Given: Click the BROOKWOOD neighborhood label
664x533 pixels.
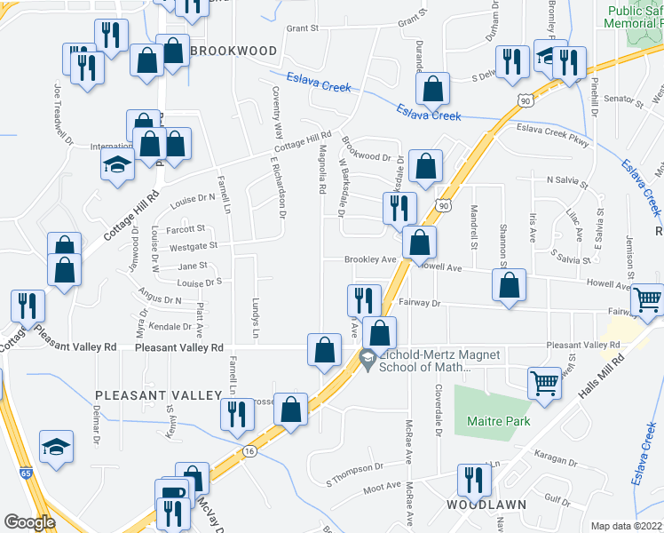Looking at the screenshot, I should point(233,51).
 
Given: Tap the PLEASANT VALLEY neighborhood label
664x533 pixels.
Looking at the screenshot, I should point(158,394).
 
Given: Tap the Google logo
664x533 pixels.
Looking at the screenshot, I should point(29,522).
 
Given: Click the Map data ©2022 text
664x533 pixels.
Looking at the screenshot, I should point(626,526).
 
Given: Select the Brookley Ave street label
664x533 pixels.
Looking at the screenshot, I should point(370,259).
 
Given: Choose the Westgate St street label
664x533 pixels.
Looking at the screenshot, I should point(194,245).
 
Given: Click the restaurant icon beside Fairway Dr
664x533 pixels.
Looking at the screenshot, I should point(364,299).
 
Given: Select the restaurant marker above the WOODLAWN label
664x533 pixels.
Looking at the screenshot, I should point(474,480).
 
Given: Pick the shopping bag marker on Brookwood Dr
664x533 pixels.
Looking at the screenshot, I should point(427,166).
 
